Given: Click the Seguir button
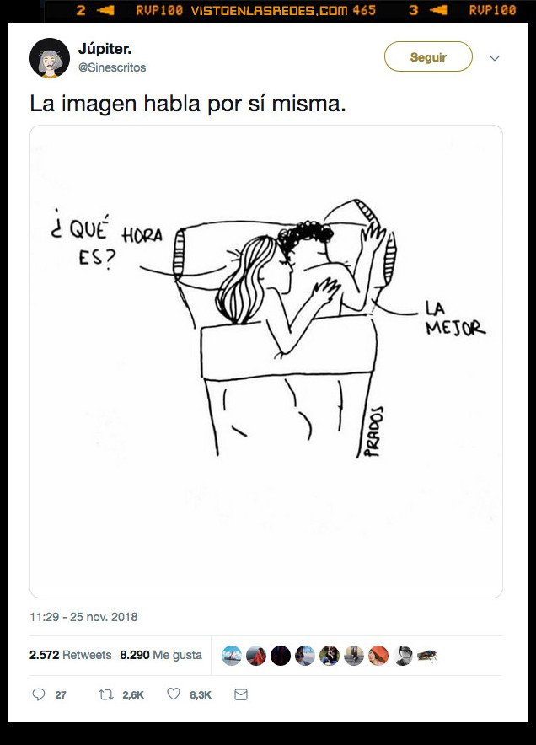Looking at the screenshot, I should (428, 57).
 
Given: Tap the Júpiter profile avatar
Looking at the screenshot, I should (49, 58).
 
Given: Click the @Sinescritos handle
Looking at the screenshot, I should (111, 67).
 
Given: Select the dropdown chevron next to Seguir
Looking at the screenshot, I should (495, 58).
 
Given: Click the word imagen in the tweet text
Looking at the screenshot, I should (88, 105).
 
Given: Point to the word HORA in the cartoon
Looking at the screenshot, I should (142, 234).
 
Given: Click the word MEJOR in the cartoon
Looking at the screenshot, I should (455, 327).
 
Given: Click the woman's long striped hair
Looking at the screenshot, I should (244, 278).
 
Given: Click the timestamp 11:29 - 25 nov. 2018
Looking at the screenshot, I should (83, 617).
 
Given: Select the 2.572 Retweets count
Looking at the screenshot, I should (70, 655).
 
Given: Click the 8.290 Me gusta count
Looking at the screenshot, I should (160, 655).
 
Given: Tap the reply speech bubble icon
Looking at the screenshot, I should (38, 694).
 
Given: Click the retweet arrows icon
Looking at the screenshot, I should (106, 694).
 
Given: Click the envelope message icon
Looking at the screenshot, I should (241, 694).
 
